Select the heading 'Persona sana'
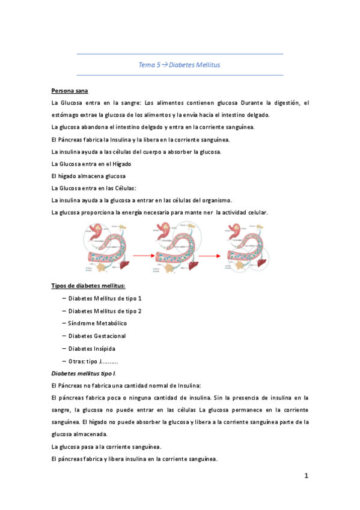(x=70, y=90)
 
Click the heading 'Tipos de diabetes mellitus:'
(x=88, y=286)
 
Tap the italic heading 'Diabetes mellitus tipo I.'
(x=84, y=373)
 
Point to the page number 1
(x=306, y=476)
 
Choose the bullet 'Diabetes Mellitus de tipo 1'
(x=105, y=298)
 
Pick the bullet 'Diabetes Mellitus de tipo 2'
(x=105, y=311)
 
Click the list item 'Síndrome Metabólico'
(x=97, y=324)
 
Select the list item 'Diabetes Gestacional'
(x=97, y=336)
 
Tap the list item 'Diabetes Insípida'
(x=92, y=349)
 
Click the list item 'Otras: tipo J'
(x=93, y=361)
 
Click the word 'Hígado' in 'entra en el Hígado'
(x=120, y=164)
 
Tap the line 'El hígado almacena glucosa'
(x=88, y=176)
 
